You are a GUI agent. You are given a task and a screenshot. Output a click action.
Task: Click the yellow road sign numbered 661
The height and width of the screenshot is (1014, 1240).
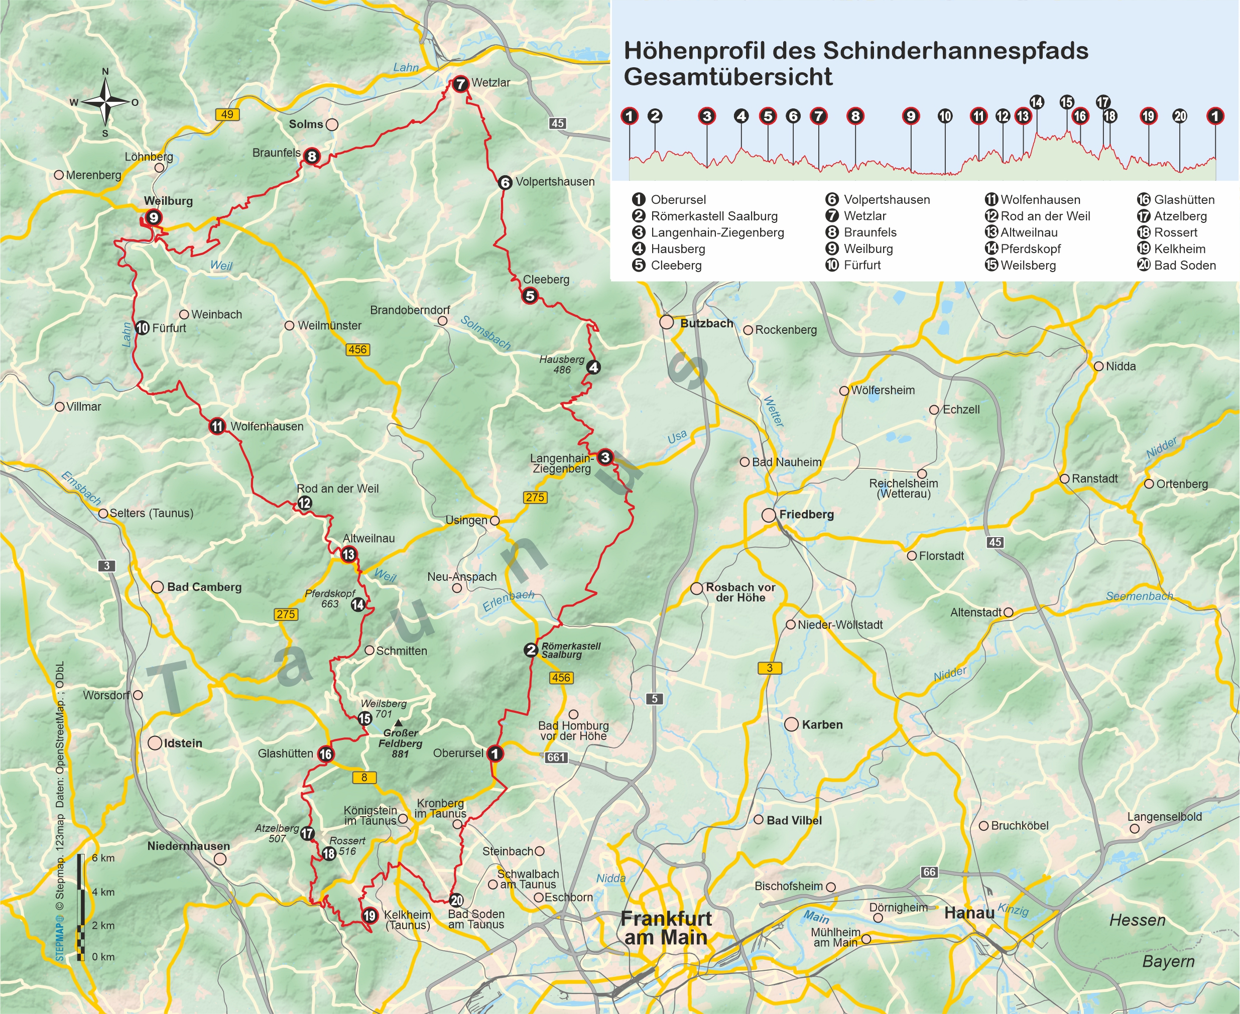pos(555,757)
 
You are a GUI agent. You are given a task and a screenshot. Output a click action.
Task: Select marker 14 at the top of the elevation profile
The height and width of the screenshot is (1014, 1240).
pos(1036,103)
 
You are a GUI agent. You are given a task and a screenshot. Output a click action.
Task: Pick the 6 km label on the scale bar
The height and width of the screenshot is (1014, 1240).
pos(103,858)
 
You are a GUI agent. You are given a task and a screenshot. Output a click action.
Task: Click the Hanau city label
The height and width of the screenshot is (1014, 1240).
pos(969,913)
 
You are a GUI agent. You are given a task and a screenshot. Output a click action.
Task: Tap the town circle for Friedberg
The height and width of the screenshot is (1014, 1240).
pos(769,515)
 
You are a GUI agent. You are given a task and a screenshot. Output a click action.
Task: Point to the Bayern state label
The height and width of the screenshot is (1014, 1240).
pos(1168,961)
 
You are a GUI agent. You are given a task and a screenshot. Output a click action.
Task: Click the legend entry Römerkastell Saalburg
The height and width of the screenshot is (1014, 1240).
pos(714,216)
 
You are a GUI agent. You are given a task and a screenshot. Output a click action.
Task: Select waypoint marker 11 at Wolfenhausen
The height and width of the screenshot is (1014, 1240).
pos(217,426)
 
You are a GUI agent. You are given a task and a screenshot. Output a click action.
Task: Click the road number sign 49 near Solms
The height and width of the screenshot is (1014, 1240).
pos(227,114)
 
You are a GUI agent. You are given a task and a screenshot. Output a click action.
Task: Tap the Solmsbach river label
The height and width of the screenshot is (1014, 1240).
pos(485,333)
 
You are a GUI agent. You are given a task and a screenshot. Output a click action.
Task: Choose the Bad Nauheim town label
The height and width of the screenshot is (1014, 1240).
pos(786,462)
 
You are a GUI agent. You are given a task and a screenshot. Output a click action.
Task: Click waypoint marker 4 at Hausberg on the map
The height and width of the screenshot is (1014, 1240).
pos(593,367)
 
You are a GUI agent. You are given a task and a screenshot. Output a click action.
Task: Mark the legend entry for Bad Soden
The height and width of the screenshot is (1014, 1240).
pos(1184,265)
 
